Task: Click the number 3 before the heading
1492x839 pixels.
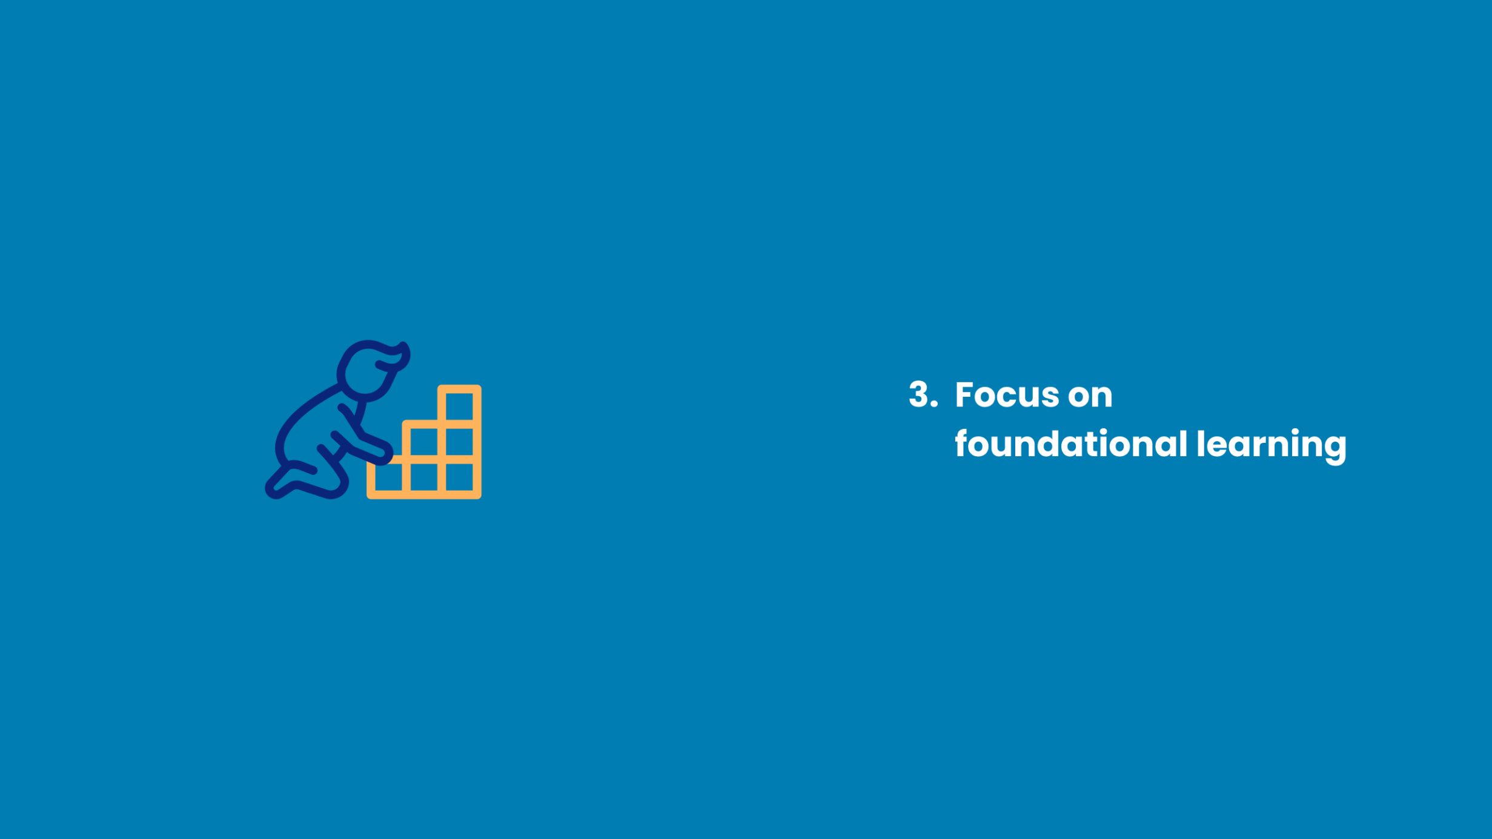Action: click(920, 394)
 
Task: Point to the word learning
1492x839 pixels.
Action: click(1272, 446)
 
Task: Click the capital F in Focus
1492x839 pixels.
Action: click(964, 394)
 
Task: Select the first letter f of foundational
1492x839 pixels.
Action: click(963, 443)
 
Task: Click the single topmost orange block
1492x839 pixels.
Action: click(459, 405)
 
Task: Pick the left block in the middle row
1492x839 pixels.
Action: click(423, 441)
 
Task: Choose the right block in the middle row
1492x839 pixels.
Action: click(459, 441)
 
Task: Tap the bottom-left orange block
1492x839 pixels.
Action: click(388, 477)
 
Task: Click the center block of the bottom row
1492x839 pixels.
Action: click(423, 477)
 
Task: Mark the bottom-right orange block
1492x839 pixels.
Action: click(459, 477)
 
